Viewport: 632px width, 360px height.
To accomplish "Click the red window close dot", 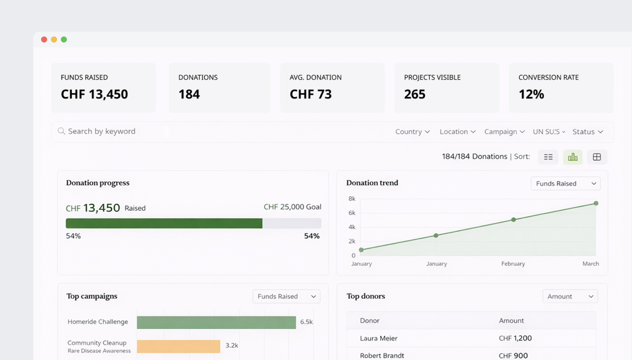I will [44, 39].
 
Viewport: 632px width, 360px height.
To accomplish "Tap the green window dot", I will [64, 39].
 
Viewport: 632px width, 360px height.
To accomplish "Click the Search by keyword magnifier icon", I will [61, 131].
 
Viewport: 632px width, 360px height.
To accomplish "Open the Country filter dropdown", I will [412, 132].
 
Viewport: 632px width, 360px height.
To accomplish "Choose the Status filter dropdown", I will [588, 132].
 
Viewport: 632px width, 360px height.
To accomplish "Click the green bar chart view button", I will [572, 157].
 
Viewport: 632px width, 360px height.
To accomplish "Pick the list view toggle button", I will [548, 157].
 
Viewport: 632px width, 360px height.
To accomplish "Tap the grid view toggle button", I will [597, 157].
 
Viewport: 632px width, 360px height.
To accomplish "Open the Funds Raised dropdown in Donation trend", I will [566, 183].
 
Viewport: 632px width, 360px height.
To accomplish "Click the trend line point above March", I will [596, 203].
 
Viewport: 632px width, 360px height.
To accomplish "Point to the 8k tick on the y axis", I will [352, 199].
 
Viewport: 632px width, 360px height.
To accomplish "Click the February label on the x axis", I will [513, 264].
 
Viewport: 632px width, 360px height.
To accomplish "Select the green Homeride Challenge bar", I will [216, 322].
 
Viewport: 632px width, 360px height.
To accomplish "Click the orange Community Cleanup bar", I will [178, 346].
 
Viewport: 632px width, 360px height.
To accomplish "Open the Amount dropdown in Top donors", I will [570, 296].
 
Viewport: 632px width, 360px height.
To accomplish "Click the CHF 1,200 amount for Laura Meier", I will [515, 338].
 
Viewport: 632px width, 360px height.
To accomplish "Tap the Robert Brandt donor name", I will [382, 355].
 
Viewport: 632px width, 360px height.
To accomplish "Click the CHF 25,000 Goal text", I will [292, 207].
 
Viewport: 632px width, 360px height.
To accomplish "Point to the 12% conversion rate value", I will [531, 94].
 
